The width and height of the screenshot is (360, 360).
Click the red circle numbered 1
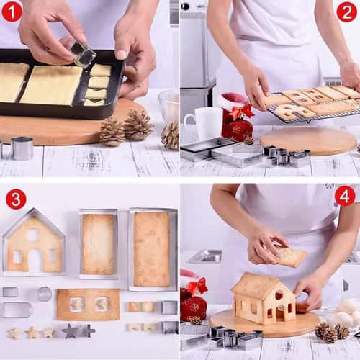tap(12, 12)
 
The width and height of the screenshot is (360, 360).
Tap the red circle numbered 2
tap(347, 12)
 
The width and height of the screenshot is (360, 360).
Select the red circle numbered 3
tap(15, 199)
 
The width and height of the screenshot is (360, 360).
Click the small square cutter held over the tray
tap(82, 53)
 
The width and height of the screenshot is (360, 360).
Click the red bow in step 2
tap(241, 111)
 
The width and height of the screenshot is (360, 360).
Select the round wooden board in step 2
tap(310, 140)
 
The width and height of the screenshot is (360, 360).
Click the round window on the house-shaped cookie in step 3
tap(32, 234)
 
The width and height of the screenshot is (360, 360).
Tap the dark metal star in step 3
tap(70, 331)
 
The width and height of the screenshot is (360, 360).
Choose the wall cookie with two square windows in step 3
tap(88, 304)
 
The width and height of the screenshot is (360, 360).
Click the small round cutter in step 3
tap(45, 293)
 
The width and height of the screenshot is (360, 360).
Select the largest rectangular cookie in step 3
tap(152, 248)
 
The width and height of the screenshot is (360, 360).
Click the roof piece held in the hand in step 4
tap(290, 256)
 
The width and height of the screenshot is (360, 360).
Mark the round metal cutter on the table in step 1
tap(22, 148)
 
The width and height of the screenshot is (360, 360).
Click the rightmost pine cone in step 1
tap(171, 135)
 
